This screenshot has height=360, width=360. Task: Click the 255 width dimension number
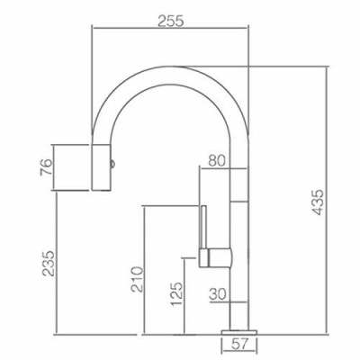click(170, 22)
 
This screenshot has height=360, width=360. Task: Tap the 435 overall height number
click(318, 202)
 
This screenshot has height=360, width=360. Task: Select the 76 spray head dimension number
click(47, 167)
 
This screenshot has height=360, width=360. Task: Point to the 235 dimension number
click(49, 264)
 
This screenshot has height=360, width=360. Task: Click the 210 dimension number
click(137, 279)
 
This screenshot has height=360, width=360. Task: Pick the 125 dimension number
click(176, 293)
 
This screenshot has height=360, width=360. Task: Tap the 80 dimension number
click(217, 161)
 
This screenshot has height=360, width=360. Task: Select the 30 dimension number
click(218, 294)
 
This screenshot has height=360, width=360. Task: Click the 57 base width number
click(239, 344)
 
